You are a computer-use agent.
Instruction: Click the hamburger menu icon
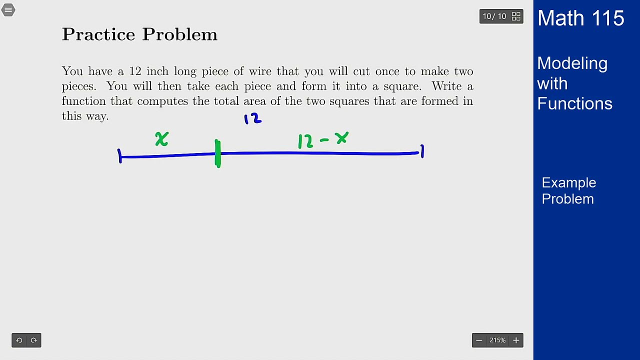[x=8, y=10]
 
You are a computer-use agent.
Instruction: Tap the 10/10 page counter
[x=494, y=16]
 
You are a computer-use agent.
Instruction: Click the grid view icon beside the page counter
[x=516, y=16]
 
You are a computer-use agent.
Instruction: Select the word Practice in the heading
[x=98, y=34]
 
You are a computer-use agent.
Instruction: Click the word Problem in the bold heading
[x=179, y=34]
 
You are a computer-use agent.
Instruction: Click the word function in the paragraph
[x=84, y=101]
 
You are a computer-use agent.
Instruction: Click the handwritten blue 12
[x=252, y=119]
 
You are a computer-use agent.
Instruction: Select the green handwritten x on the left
[x=161, y=139]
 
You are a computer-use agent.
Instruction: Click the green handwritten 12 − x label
[x=323, y=140]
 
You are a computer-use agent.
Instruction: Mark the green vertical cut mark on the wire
[x=217, y=153]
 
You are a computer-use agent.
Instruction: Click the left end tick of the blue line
[x=119, y=156]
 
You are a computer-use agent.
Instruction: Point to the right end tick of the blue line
[x=422, y=151]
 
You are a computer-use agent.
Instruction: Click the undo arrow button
[x=19, y=340]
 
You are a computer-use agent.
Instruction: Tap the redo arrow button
[x=34, y=340]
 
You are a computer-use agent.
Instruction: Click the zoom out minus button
[x=479, y=340]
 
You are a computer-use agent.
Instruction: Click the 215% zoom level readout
[x=497, y=340]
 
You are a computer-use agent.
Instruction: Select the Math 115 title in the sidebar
[x=580, y=18]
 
